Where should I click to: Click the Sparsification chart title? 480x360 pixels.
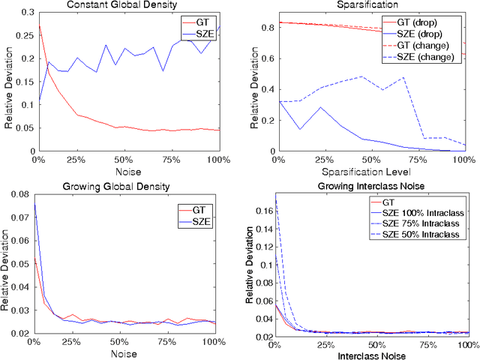coord(371,4)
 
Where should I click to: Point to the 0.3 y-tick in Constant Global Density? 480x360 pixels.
coord(22,12)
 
